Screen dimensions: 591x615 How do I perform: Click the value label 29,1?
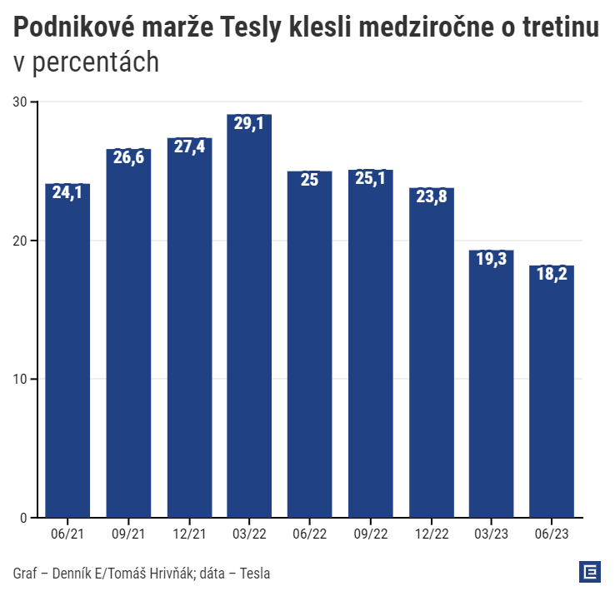(x=249, y=123)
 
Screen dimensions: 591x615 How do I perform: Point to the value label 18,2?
(x=552, y=275)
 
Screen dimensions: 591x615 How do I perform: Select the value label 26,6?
(x=128, y=157)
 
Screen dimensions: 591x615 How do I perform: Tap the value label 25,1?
(x=370, y=179)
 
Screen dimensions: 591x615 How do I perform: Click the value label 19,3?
(x=491, y=260)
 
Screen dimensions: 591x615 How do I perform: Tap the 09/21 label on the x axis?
(x=128, y=534)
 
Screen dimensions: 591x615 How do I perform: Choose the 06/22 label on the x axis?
(x=309, y=534)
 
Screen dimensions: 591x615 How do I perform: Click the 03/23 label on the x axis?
(x=491, y=534)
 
